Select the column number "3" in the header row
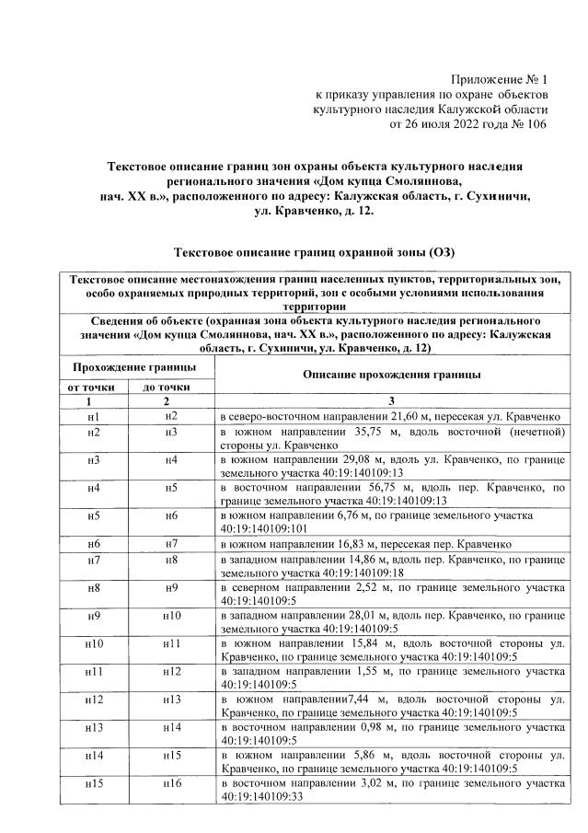391,401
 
